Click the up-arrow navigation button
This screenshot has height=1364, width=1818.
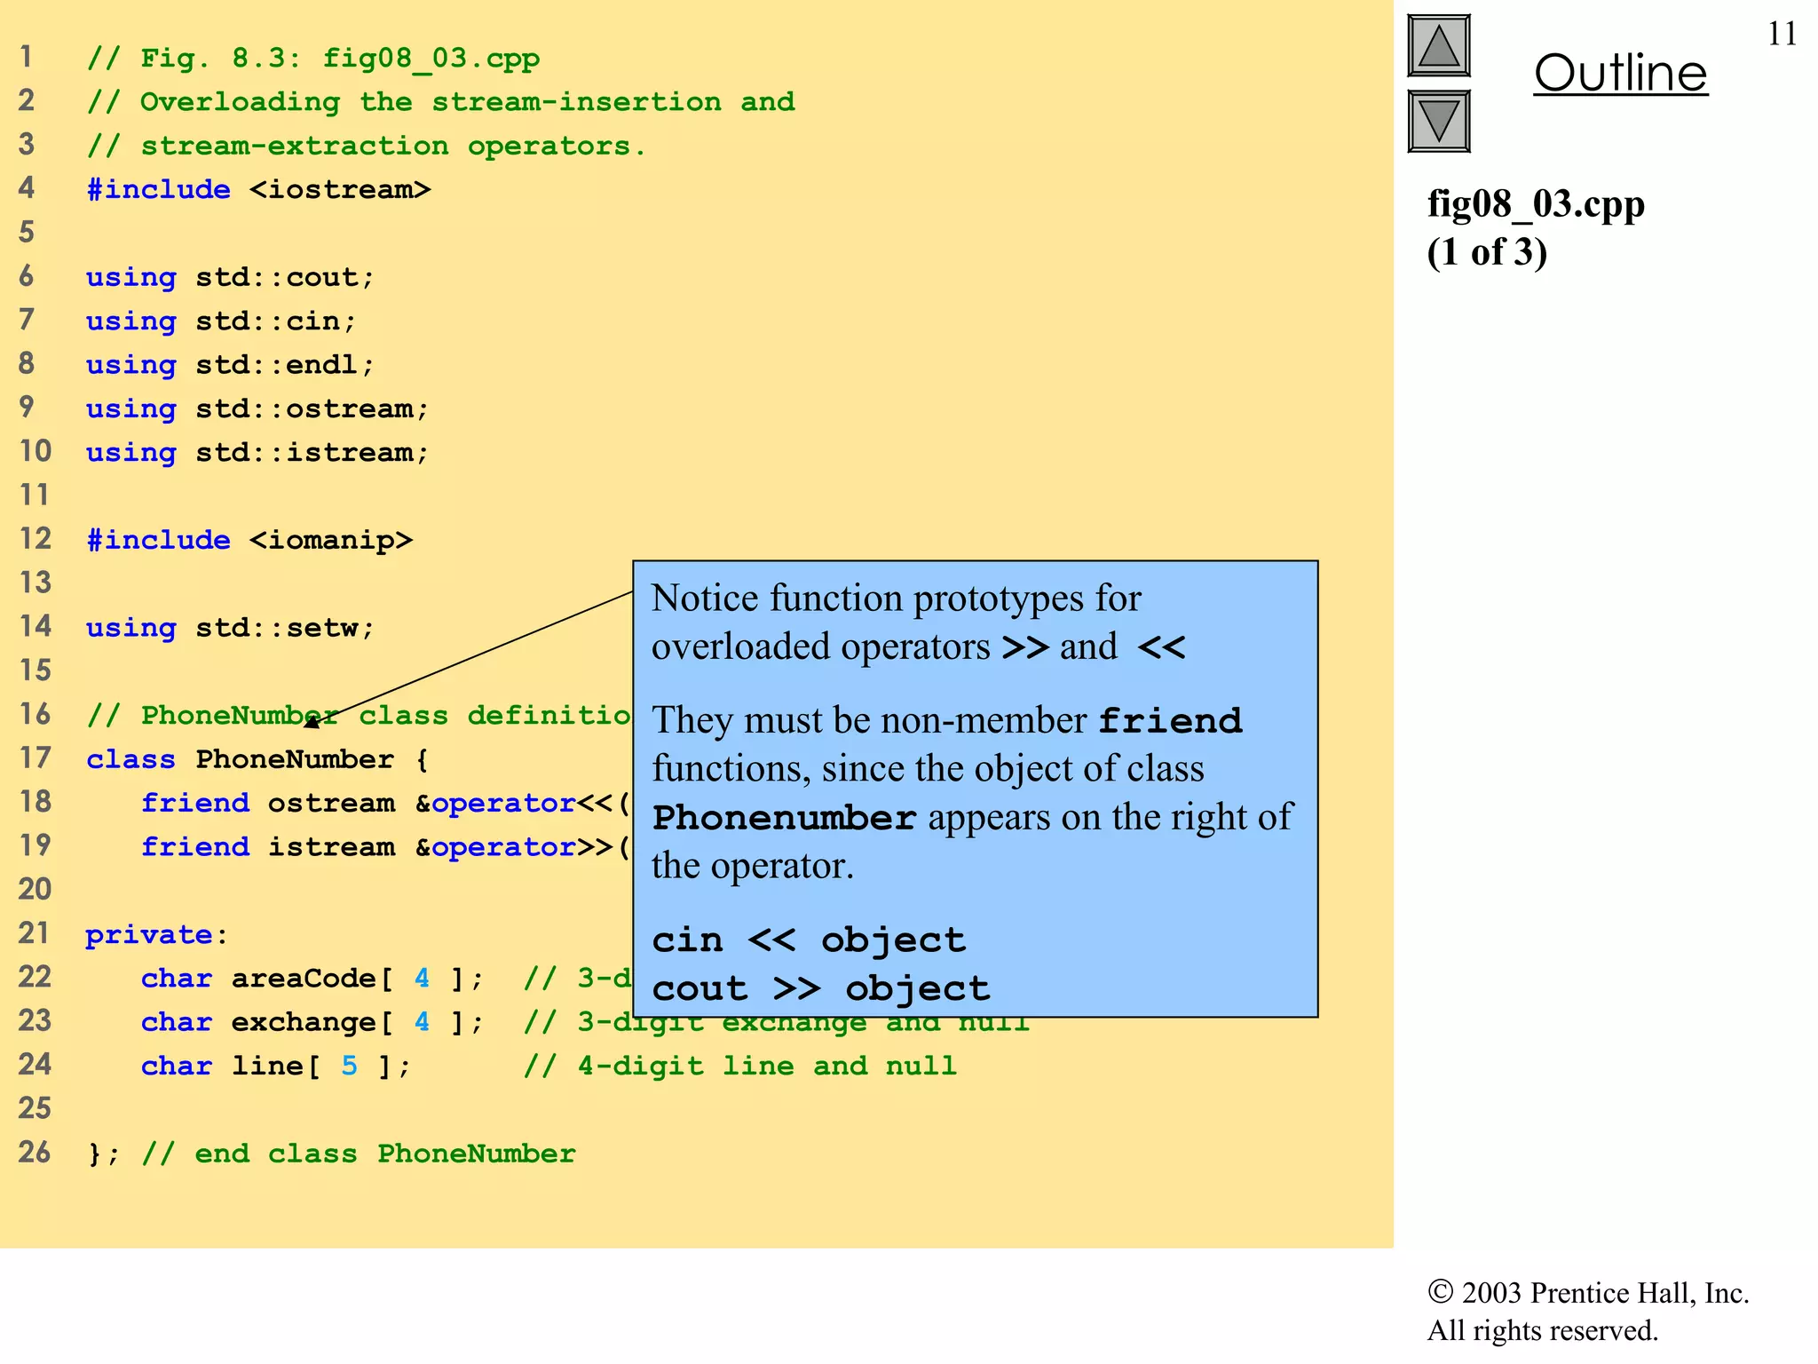[x=1439, y=46]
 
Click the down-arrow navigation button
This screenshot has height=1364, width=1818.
[x=1439, y=121]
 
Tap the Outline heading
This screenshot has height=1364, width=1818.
[x=1620, y=73]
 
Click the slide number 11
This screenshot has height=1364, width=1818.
[x=1782, y=34]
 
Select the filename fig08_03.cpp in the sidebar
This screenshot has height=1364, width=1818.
[x=1536, y=204]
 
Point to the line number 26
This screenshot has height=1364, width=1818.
[x=35, y=1152]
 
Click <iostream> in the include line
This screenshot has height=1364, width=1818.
[x=340, y=189]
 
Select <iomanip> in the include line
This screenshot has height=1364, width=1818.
[x=331, y=540]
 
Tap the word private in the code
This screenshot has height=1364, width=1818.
[x=148, y=934]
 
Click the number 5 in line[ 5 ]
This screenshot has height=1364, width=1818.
[x=350, y=1066]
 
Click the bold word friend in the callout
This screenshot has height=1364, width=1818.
[x=1170, y=720]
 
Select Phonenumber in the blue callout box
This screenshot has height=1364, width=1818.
[x=784, y=818]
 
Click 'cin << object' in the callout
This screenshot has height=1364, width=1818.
[x=808, y=940]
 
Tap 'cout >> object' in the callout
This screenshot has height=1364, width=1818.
[x=820, y=988]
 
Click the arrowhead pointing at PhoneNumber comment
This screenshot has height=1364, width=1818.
[x=312, y=723]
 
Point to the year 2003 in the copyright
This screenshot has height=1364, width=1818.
[x=1491, y=1293]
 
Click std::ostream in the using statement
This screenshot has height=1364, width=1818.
[x=312, y=408]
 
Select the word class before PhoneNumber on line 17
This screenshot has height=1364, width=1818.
[x=130, y=759]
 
